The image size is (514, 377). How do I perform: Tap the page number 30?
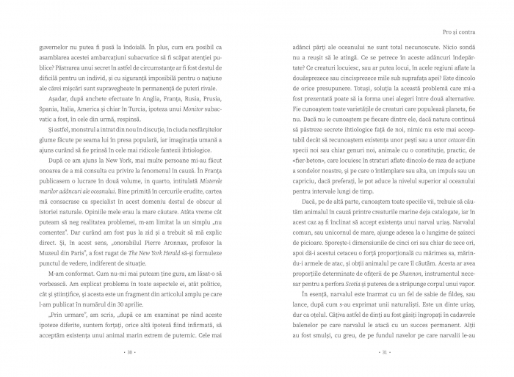(x=129, y=352)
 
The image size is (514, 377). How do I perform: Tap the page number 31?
(x=384, y=352)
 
